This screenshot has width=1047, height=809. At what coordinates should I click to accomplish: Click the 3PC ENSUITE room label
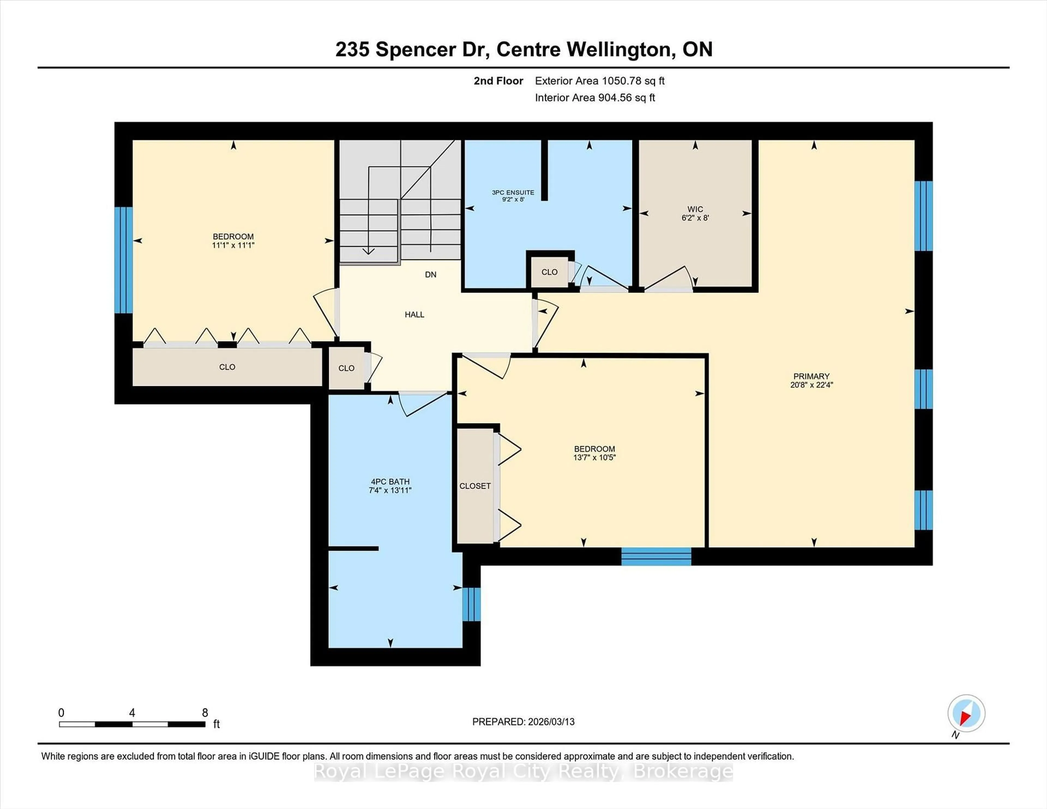pos(513,195)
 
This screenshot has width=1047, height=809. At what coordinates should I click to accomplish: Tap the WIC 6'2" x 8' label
pos(695,213)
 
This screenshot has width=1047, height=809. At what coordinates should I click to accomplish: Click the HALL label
pos(414,314)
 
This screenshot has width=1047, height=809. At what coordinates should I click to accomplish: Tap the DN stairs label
pos(431,275)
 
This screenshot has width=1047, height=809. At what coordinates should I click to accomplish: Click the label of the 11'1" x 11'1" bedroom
pos(233,241)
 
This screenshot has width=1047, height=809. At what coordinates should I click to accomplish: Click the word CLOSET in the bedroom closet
pos(475,486)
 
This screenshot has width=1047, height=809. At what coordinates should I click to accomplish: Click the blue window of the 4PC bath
pos(471,604)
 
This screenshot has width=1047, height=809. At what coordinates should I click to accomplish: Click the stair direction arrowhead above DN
pos(368,251)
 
